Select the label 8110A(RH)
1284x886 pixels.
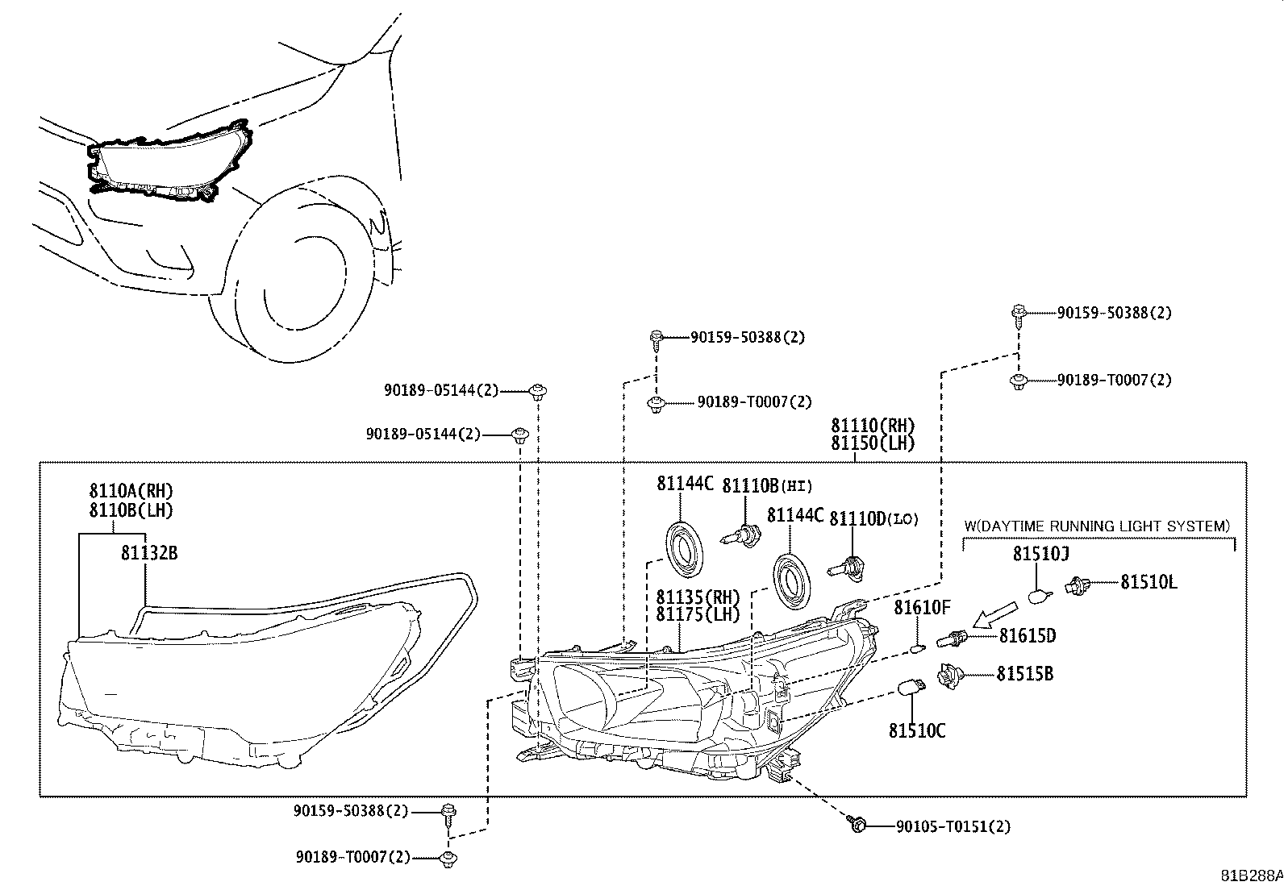click(131, 490)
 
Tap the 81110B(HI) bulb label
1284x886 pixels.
click(767, 485)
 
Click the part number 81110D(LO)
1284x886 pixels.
click(873, 518)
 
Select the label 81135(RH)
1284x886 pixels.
click(698, 597)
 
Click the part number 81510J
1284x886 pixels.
click(1040, 554)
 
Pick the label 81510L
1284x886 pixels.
click(1148, 582)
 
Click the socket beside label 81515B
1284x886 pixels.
click(949, 675)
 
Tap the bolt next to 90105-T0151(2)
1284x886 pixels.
click(857, 825)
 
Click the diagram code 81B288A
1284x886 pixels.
click(1250, 875)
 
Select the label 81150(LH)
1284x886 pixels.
click(873, 443)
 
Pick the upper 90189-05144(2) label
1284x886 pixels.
click(441, 390)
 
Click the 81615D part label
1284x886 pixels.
click(1027, 636)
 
